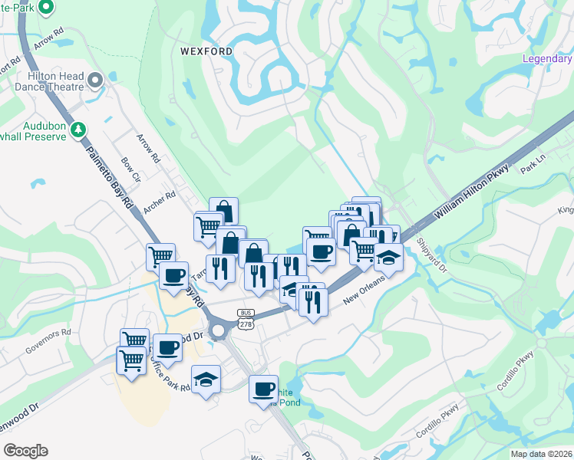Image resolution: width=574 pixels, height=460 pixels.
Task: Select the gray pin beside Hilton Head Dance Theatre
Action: coord(96,80)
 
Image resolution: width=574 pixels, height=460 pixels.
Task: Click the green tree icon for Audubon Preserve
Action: coord(78,130)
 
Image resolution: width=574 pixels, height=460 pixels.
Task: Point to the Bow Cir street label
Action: coord(130,170)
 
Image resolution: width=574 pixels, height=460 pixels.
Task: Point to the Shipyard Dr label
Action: coord(431,255)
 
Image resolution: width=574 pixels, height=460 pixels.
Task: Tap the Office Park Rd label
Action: coord(169,375)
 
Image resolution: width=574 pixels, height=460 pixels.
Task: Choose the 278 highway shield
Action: coord(246,325)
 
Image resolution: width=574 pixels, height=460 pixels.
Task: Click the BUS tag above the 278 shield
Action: coord(246,314)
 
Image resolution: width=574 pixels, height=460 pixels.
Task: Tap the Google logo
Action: coord(25,451)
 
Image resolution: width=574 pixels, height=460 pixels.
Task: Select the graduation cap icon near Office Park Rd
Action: coord(206,379)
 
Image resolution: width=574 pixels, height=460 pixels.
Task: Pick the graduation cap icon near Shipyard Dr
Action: coord(389,258)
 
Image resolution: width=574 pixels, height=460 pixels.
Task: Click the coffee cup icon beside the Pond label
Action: coord(263,389)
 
